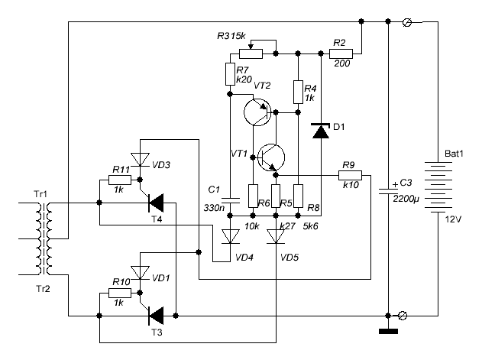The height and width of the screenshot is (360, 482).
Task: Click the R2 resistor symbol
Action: point(341,54)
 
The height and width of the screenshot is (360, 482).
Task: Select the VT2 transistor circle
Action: point(257,112)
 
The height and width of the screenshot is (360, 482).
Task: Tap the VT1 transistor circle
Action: point(271,157)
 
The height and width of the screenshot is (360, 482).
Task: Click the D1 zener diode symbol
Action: point(321,131)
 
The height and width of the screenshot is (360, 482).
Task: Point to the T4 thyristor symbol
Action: point(156,203)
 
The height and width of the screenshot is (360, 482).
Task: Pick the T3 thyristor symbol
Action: point(156,316)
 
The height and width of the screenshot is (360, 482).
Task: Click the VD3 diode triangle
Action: point(141,160)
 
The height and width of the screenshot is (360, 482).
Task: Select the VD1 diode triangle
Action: point(141,273)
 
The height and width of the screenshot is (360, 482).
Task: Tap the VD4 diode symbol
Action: point(230,237)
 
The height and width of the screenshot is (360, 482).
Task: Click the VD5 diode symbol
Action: point(276,237)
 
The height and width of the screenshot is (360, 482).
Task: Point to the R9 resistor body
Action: point(350,175)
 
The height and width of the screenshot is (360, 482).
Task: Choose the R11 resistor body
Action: point(120,180)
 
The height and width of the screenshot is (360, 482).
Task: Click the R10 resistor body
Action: point(120,294)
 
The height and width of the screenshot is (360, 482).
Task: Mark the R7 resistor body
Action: point(230,74)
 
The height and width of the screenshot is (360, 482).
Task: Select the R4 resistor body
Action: point(298,92)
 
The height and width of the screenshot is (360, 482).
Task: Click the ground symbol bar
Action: point(388,332)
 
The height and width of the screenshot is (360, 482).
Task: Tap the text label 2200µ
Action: point(406,199)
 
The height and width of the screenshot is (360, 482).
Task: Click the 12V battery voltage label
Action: point(454,219)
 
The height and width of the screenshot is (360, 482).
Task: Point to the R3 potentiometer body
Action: point(251,54)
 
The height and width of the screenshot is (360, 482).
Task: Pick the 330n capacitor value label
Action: point(214,208)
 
